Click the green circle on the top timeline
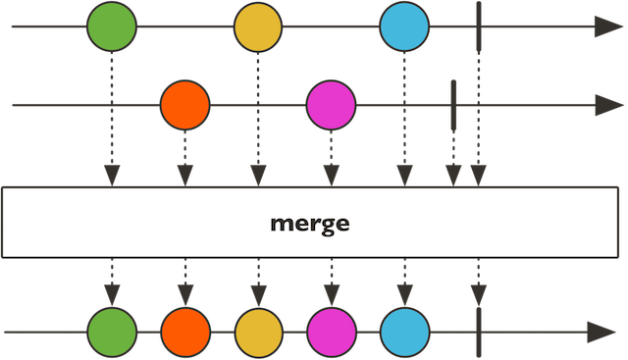(111, 27)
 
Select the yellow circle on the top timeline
(258, 27)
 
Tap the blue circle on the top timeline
(403, 27)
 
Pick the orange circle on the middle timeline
(184, 104)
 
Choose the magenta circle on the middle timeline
(331, 104)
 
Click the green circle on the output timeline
(111, 331)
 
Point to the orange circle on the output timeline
(184, 331)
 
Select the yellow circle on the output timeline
(258, 331)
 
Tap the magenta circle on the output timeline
(331, 331)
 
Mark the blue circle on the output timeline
(403, 331)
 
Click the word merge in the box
(310, 223)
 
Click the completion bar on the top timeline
(478, 27)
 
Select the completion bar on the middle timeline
(453, 102)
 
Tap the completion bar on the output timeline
(478, 331)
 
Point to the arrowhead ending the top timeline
(605, 27)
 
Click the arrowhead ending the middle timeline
(605, 103)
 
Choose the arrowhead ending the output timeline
(601, 332)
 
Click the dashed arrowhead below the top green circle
(111, 176)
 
